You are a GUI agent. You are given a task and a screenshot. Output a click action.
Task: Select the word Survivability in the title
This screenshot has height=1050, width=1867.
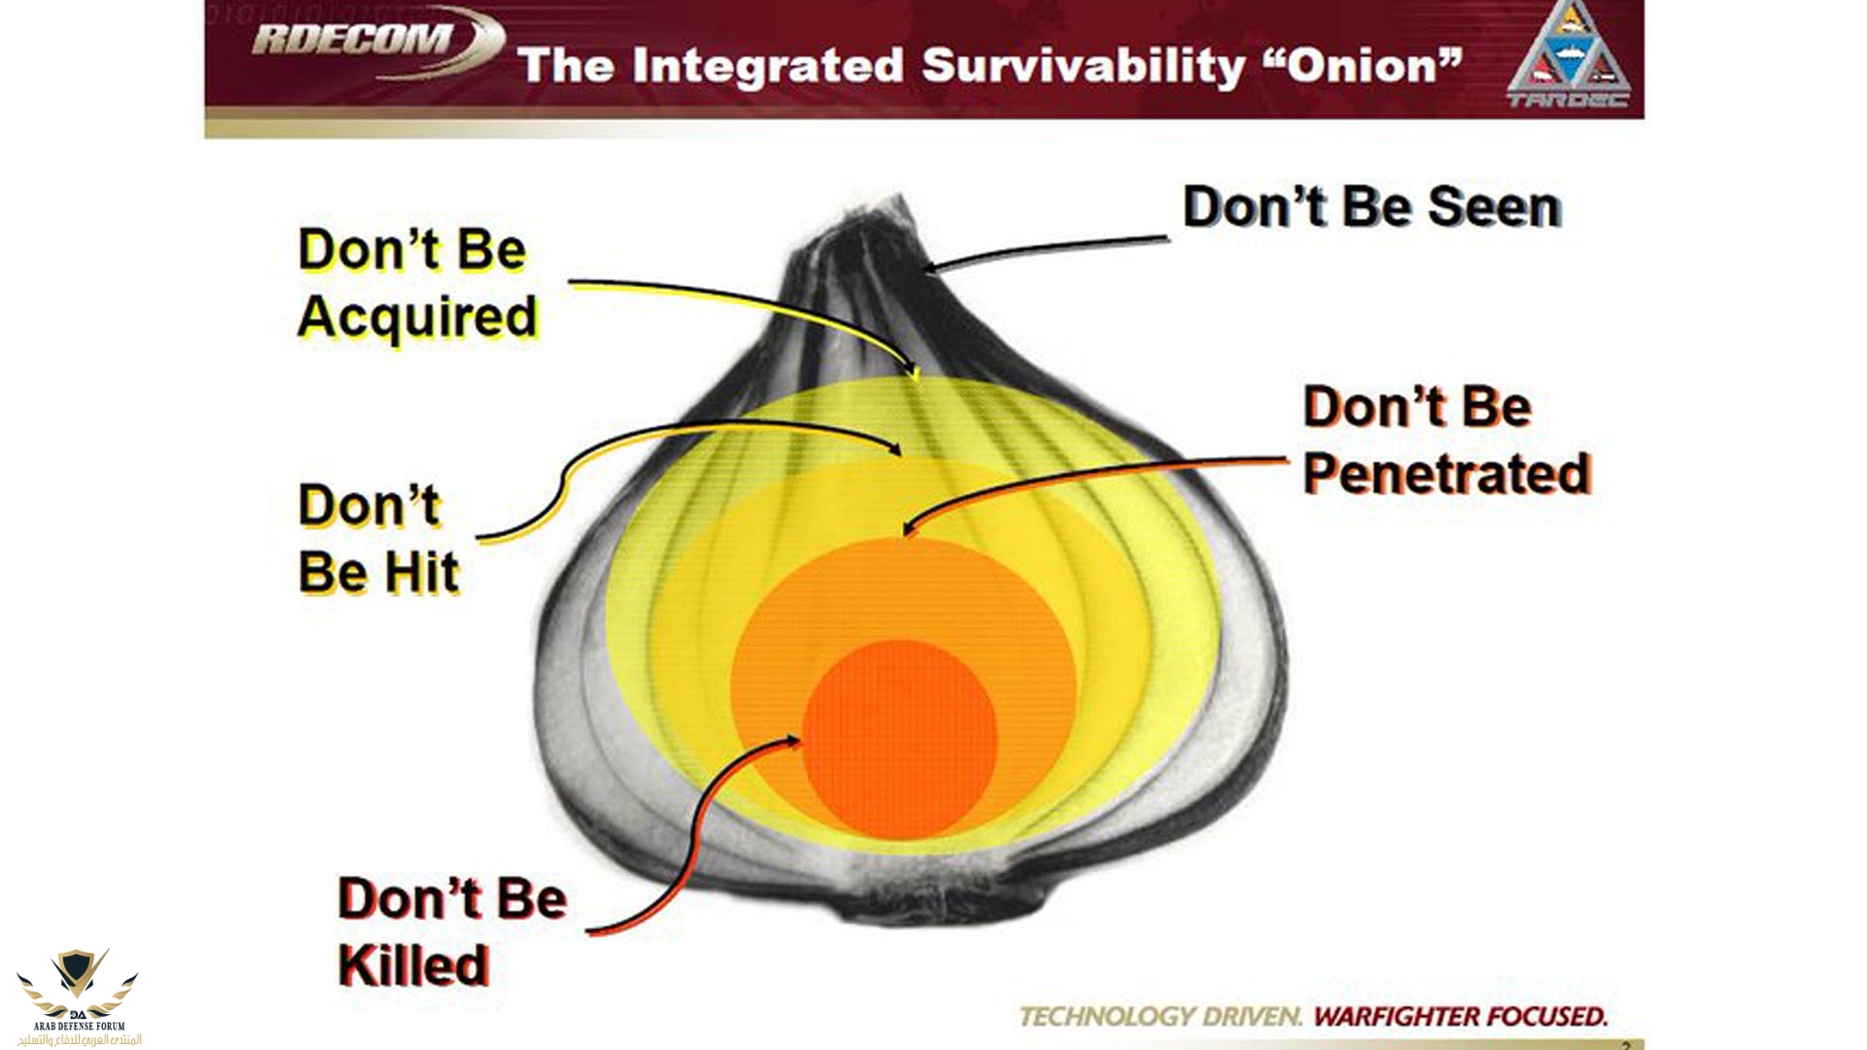coord(1082,67)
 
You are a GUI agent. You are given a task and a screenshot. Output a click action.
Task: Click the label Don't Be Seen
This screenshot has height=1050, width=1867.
coord(1372,207)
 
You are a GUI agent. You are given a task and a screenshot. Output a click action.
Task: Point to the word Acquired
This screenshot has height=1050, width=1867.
coord(418,317)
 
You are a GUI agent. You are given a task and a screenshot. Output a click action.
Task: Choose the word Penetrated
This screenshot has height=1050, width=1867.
coord(1447,473)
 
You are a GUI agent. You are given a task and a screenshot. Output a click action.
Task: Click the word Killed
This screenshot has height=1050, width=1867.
coord(413,965)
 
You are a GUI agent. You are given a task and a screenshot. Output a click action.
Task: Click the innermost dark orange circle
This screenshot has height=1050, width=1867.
coord(899,739)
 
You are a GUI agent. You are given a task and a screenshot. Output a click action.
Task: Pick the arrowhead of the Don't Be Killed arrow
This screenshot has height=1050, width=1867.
coord(792,741)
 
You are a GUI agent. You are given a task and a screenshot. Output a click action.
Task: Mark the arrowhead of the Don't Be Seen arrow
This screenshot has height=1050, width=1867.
coord(931,266)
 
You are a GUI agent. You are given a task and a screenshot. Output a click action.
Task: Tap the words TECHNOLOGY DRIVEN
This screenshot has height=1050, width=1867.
coord(1160,1017)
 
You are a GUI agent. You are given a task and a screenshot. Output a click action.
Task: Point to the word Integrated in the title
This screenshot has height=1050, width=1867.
coord(767,67)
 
